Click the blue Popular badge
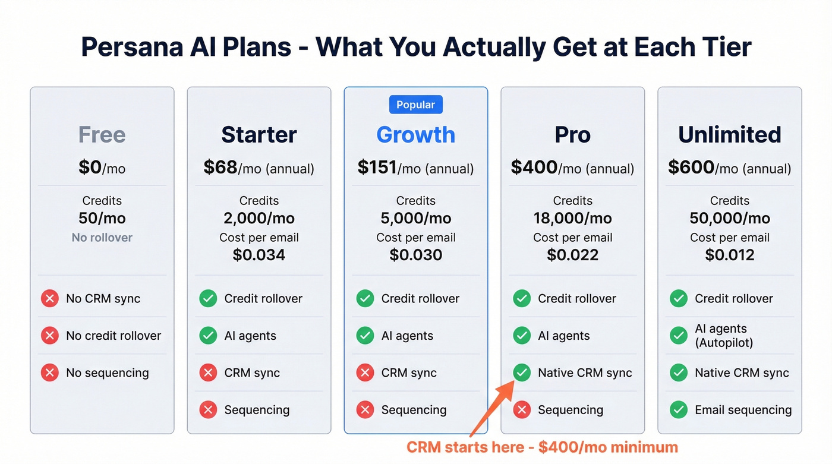pos(415,105)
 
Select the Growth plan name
pos(415,135)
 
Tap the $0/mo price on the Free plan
pos(102,168)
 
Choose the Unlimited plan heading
pos(729,135)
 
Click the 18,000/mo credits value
pos(572,218)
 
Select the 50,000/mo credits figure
pos(729,218)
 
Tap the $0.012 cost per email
pos(729,255)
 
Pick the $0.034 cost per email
pos(259,255)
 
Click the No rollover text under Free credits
pos(102,237)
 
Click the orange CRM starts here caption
pos(542,447)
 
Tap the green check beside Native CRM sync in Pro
pos(522,373)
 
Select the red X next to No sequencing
pos(50,373)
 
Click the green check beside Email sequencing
pos(679,409)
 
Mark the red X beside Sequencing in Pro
pos(522,409)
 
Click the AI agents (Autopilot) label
pos(724,336)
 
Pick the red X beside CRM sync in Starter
pos(208,373)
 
